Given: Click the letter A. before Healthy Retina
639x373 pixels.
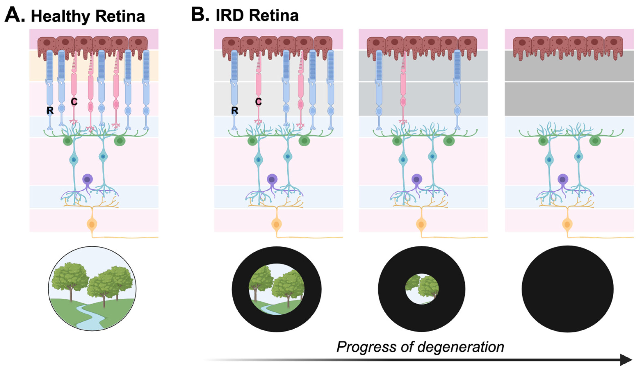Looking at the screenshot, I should [15, 15].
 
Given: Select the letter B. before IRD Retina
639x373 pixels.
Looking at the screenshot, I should [200, 15].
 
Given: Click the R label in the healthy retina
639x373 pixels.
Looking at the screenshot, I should [50, 110].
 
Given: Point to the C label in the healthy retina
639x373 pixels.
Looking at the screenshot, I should [74, 102].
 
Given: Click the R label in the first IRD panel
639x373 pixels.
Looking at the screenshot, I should [235, 110].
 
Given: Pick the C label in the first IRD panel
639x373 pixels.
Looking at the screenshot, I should [258, 102].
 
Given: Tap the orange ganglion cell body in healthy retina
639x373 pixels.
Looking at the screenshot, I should [92, 224].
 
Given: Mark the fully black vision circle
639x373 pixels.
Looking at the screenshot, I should [567, 289].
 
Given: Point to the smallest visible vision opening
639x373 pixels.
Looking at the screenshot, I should [422, 289].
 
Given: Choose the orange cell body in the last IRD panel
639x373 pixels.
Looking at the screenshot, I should [567, 224].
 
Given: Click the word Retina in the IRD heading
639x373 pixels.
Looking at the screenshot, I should [274, 16].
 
